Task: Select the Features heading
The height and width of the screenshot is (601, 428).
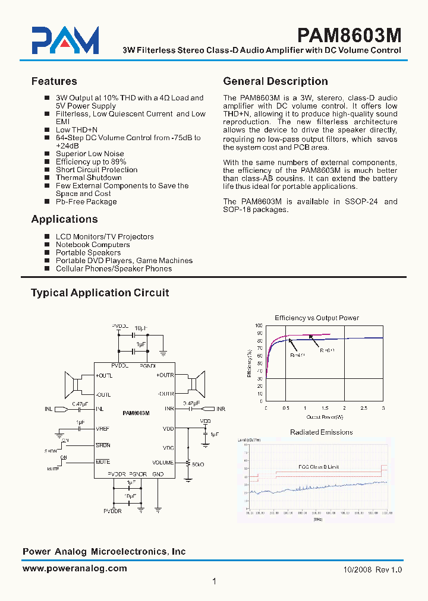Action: [x=54, y=81]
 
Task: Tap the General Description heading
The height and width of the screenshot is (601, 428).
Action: [x=275, y=81]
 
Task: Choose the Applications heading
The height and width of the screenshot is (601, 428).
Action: [x=64, y=219]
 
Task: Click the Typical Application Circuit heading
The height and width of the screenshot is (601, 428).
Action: [x=100, y=293]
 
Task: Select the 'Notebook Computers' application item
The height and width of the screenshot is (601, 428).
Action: [x=93, y=245]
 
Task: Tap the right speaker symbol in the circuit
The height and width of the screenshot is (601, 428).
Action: [x=194, y=384]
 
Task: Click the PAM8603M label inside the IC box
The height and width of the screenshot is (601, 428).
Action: [x=136, y=413]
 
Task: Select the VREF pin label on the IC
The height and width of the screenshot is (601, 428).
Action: [x=103, y=429]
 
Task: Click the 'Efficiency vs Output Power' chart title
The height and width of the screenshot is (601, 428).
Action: [x=316, y=318]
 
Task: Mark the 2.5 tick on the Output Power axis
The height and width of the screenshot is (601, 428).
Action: [x=364, y=409]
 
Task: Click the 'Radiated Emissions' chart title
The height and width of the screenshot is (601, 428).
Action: [x=321, y=432]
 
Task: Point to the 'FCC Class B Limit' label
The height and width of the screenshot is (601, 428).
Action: [x=318, y=467]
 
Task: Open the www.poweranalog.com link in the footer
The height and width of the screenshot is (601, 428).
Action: [x=74, y=568]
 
